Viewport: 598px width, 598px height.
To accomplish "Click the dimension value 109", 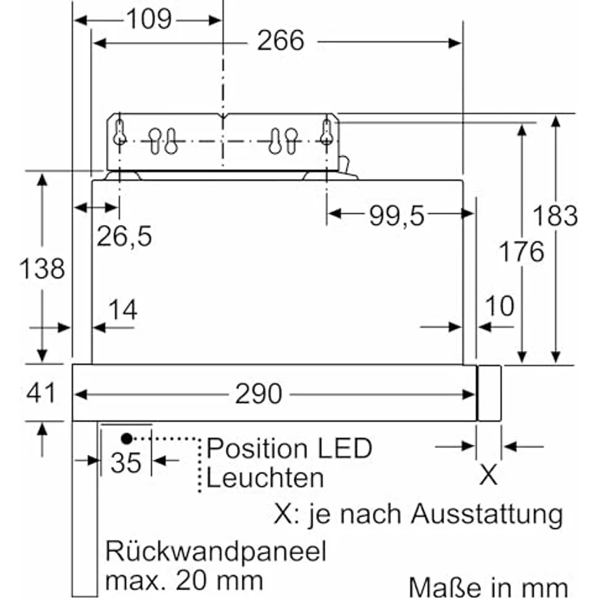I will (x=149, y=18).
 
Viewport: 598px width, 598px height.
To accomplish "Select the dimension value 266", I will (x=280, y=40).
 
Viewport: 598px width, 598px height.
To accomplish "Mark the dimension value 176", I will (x=522, y=252).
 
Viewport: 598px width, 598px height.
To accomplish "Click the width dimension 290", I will (x=258, y=394).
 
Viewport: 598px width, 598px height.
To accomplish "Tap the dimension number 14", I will (x=123, y=310).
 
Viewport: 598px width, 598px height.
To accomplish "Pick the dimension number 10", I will (x=500, y=306).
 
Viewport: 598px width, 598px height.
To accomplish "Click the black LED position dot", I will (x=126, y=439).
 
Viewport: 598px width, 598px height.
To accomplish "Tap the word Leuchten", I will (x=264, y=477).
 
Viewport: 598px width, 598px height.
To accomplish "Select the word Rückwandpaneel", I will (x=215, y=552).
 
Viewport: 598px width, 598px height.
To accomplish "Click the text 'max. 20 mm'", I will (x=184, y=580).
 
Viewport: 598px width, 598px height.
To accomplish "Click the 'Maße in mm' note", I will (x=488, y=586).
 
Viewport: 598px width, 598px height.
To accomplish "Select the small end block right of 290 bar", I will (x=488, y=393).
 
